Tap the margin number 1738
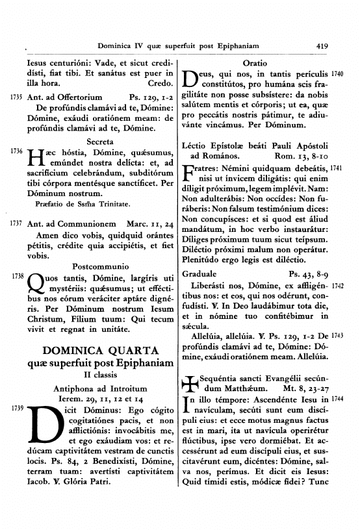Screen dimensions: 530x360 pyautogui.click(x=14, y=276)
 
